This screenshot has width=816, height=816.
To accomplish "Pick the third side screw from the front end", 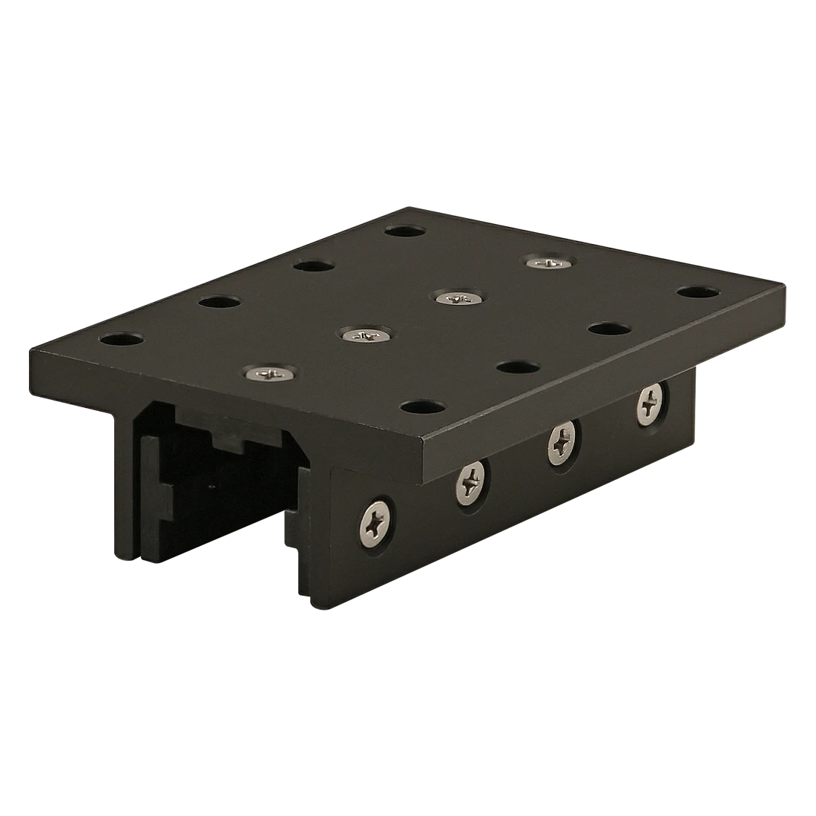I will (x=564, y=443).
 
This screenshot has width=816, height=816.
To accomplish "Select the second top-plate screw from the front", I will (x=363, y=335).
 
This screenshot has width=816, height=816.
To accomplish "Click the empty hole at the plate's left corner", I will (x=122, y=340).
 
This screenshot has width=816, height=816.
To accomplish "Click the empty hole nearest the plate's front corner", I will (x=421, y=407).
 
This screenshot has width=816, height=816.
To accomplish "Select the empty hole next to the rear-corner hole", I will (x=312, y=265).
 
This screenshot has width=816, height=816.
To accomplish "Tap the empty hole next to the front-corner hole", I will (x=516, y=366).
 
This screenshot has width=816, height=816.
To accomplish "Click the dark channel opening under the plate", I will (x=223, y=490).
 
